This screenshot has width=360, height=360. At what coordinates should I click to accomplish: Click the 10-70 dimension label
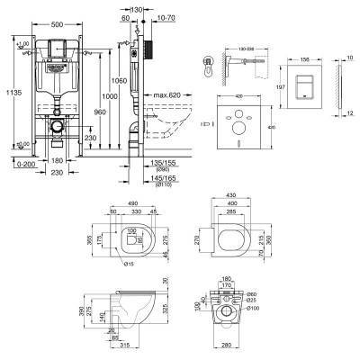[166, 17]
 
